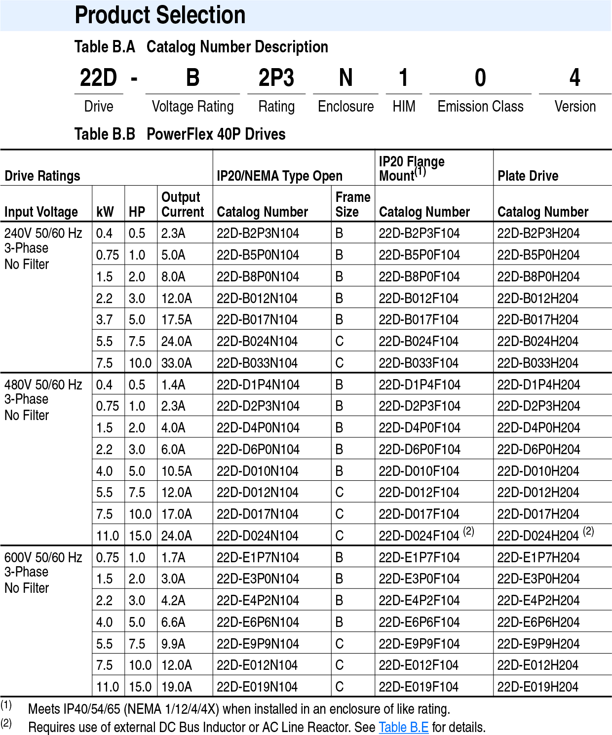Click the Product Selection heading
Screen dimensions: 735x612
pyautogui.click(x=160, y=15)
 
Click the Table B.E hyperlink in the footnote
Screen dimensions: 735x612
pyautogui.click(x=403, y=727)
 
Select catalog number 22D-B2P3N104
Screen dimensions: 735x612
pyautogui.click(x=258, y=233)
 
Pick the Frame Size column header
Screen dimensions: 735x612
pyautogui.click(x=352, y=204)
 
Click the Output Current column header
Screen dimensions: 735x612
pyautogui.click(x=182, y=204)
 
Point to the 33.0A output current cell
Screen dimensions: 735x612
pyautogui.click(x=176, y=363)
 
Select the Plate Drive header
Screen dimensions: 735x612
pyautogui.click(x=528, y=176)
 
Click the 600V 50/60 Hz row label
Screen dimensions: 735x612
pyautogui.click(x=43, y=558)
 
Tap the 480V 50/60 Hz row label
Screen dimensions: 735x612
pyautogui.click(x=43, y=385)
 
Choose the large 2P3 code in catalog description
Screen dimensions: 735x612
pyautogui.click(x=276, y=78)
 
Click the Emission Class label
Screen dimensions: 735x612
pyautogui.click(x=480, y=107)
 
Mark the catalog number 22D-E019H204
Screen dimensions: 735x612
pyautogui.click(x=538, y=687)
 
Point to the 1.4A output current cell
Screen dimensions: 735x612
pyautogui.click(x=173, y=385)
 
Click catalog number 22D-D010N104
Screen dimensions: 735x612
pyautogui.click(x=257, y=471)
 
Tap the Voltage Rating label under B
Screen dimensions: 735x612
pyautogui.click(x=192, y=107)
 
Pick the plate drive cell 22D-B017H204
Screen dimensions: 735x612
pyautogui.click(x=537, y=320)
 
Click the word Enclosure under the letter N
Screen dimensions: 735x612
pyautogui.click(x=345, y=107)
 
